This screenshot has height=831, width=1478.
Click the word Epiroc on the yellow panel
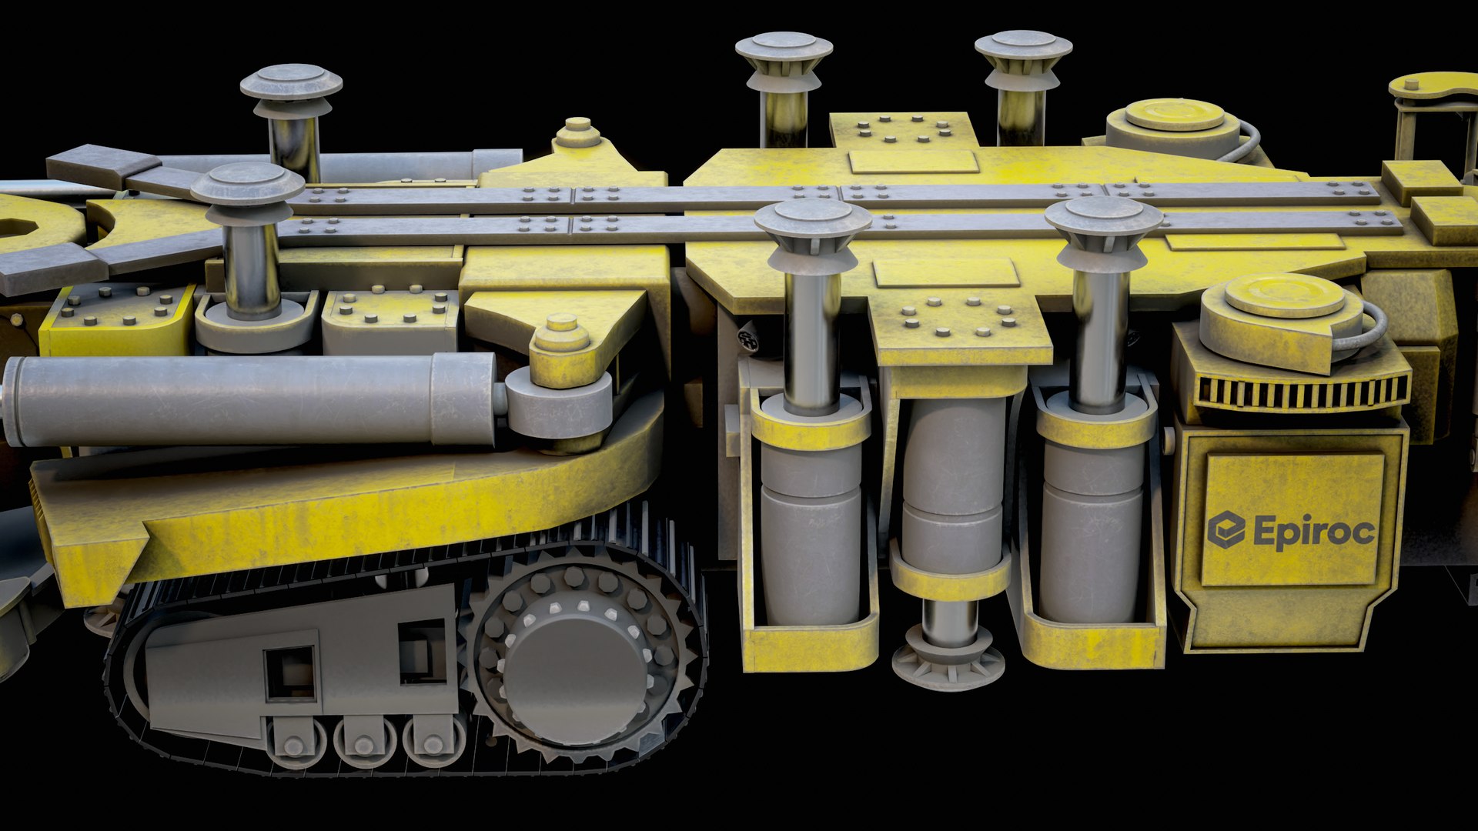tap(1313, 532)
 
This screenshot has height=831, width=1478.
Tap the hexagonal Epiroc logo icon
tap(1226, 530)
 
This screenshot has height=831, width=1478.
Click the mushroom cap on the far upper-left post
tap(291, 82)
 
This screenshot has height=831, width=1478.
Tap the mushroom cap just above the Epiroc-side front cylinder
tap(1102, 217)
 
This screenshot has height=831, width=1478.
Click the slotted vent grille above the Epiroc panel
tap(1301, 392)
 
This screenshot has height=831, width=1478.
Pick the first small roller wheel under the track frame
tap(294, 744)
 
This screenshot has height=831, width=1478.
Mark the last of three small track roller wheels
tap(433, 743)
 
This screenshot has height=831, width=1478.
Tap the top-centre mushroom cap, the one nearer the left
tap(784, 48)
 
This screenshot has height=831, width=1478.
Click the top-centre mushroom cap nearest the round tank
tap(1023, 46)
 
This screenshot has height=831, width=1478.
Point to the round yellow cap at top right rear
tap(1174, 115)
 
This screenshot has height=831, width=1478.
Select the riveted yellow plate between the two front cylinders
tap(959, 327)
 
